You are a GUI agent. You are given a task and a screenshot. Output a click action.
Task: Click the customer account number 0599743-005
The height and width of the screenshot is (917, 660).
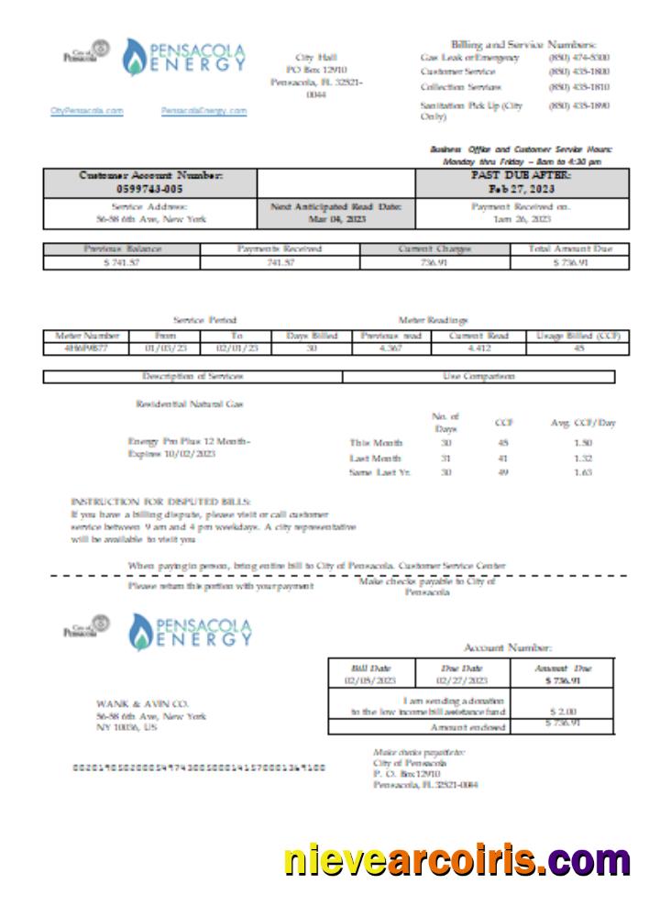[x=150, y=188]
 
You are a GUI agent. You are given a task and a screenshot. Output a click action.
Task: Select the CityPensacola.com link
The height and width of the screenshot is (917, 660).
[x=86, y=111]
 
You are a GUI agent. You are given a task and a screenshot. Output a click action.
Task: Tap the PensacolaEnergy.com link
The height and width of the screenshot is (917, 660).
[x=203, y=111]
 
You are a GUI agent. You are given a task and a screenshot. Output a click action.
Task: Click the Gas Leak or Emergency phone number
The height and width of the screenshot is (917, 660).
[x=579, y=58]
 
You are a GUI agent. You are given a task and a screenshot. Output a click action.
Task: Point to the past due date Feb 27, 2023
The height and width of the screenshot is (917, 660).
[x=522, y=188]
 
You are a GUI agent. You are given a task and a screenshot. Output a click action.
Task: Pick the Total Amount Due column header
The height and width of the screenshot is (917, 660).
[x=569, y=249]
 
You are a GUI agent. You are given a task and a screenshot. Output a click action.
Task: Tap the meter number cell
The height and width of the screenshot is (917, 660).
[x=86, y=348]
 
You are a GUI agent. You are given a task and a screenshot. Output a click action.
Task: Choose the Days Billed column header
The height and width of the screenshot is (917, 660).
[x=312, y=336]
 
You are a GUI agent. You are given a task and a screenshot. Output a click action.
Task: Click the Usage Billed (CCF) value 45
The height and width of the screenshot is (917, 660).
[x=578, y=348]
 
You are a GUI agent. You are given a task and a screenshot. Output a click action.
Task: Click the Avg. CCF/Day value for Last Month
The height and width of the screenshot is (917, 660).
[x=582, y=458]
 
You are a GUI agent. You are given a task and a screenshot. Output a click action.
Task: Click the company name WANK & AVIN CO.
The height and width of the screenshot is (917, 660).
[x=141, y=703]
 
